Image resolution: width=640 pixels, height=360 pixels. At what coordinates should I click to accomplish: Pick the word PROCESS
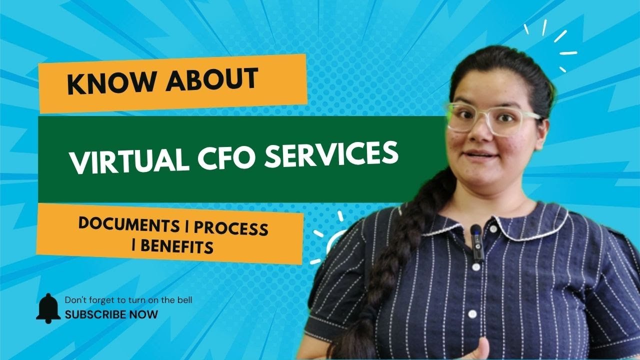pos(231,228)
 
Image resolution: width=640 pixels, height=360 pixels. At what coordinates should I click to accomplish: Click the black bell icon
pos(48,308)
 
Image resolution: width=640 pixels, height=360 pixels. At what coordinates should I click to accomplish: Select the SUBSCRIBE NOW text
pos(111,315)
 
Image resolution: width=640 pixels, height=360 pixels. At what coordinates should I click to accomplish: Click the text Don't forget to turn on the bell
pos(128,300)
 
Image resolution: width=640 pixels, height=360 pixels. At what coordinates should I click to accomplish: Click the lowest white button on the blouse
pos(472,314)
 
